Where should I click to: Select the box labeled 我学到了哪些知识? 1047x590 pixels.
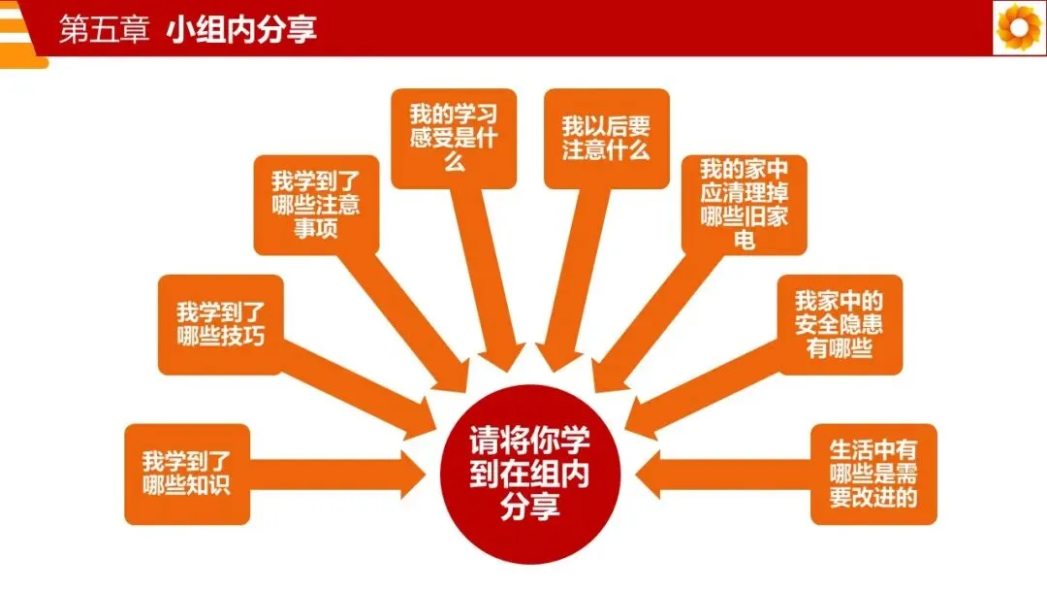tap(186, 474)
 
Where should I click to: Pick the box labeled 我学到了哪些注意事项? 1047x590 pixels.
tap(316, 204)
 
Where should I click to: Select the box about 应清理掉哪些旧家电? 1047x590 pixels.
tap(745, 204)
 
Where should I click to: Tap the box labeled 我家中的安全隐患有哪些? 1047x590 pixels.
tap(840, 324)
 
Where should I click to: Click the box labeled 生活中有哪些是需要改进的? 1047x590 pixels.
tap(873, 474)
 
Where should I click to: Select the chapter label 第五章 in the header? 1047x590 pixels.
tap(104, 29)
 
